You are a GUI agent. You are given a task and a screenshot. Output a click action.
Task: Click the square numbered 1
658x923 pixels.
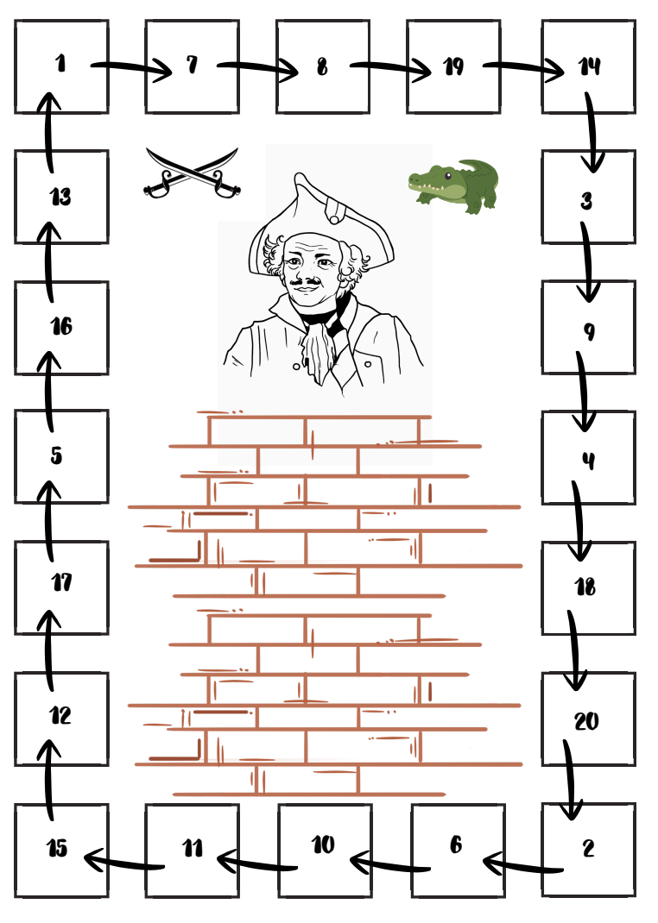61,66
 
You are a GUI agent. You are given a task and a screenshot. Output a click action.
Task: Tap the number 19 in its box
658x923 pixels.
454,66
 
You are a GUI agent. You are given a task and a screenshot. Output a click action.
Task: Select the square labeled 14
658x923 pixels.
589,66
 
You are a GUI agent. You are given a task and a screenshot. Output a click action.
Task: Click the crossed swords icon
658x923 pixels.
192,173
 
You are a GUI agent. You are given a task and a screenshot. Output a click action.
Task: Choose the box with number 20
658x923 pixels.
588,719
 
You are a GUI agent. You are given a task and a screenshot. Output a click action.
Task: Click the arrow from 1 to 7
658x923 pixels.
130,67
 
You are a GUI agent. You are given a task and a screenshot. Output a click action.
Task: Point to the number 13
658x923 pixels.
60,197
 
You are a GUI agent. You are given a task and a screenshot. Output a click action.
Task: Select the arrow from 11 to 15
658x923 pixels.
123,860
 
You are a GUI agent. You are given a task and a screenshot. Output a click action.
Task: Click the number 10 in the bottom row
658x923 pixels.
323,845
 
